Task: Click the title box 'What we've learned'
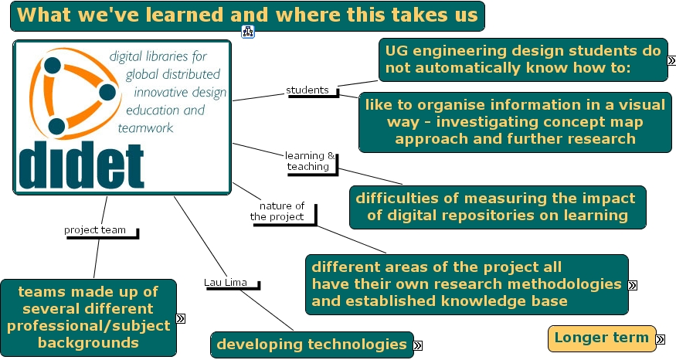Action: (247, 15)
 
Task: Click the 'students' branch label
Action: (307, 90)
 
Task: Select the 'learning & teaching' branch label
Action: (311, 161)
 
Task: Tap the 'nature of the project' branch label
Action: (282, 211)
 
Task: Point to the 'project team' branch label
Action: (95, 229)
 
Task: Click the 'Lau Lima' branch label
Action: (226, 282)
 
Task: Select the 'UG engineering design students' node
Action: (523, 59)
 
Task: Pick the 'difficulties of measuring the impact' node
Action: (497, 206)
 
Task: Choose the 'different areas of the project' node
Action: (466, 284)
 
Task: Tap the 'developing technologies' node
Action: (311, 344)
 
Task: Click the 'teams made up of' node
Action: (87, 317)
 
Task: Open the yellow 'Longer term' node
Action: (601, 338)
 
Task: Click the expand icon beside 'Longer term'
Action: (661, 338)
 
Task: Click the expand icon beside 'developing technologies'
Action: (418, 345)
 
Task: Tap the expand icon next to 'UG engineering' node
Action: (671, 59)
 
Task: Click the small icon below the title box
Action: (248, 32)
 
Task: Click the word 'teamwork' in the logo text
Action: (146, 127)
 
